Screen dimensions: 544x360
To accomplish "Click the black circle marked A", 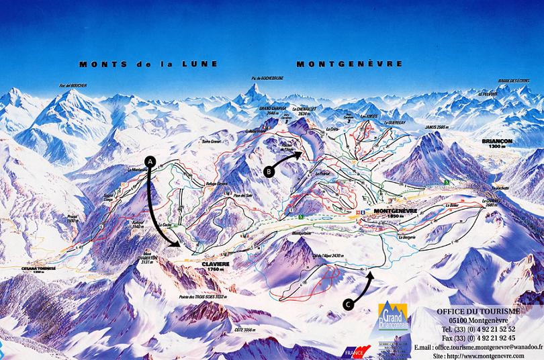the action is point(150,162).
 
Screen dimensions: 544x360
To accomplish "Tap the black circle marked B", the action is point(269,171).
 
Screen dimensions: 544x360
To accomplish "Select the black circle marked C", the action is point(347,304).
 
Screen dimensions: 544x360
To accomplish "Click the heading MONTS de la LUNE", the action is point(148,64).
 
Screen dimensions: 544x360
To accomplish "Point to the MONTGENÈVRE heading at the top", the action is point(349,64).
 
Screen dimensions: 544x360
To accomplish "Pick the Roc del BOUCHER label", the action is point(73,85).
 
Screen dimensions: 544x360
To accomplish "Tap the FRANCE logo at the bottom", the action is point(356,351).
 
